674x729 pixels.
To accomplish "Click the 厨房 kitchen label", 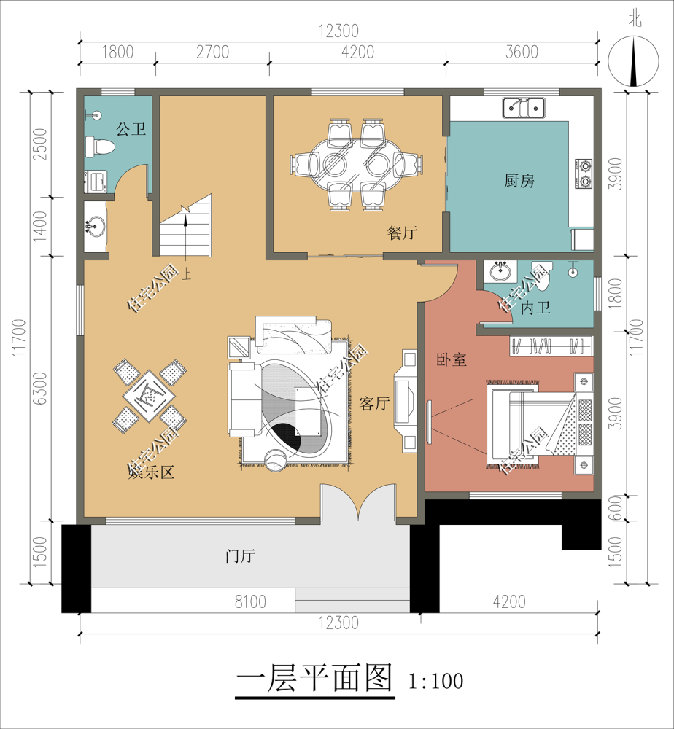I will coord(519,181).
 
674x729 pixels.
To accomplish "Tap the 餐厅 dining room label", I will coord(402,233).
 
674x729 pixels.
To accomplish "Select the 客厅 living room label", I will coord(374,403).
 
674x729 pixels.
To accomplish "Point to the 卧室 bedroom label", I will coord(452,359).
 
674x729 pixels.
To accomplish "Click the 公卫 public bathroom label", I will coord(131,130).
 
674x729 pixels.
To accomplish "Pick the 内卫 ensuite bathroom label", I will coord(535,308).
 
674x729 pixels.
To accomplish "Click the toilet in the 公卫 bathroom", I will coord(99,147).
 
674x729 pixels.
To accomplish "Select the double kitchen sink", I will coord(523,108).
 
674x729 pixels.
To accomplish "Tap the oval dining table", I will coord(357,164).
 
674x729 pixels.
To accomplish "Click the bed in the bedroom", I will coord(540,427).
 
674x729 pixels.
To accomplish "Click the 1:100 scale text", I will coord(436,681).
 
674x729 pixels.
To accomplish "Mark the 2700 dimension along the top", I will coord(212,52).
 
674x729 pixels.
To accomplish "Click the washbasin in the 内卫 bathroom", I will coord(500,273).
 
